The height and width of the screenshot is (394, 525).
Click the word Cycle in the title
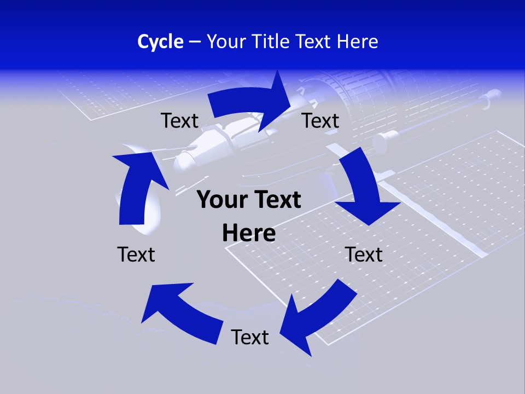[160, 42]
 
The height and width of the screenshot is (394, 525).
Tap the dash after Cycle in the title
[195, 42]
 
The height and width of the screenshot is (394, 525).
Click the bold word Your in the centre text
[219, 200]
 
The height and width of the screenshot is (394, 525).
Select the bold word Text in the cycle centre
[275, 200]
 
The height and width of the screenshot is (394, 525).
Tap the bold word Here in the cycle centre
[249, 233]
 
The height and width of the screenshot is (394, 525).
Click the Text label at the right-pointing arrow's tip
[320, 120]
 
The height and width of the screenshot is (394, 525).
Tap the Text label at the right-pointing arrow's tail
[179, 120]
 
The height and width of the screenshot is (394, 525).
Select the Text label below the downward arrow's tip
[364, 254]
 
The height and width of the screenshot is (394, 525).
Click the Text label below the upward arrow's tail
[136, 254]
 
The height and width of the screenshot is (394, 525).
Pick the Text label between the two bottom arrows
[250, 337]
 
